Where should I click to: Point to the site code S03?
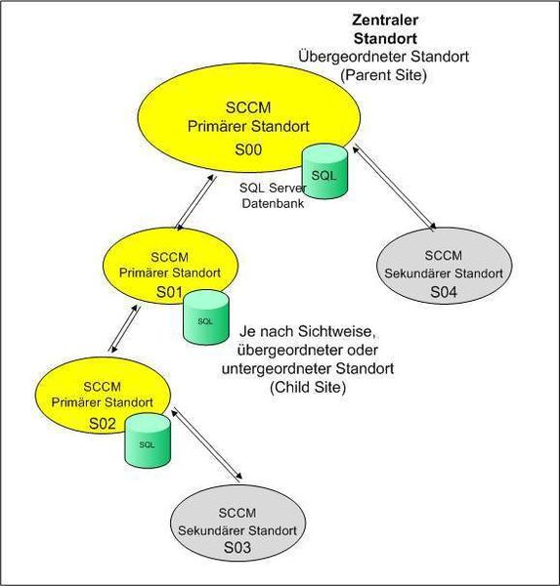tap(237, 548)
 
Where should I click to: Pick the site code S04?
tap(443, 290)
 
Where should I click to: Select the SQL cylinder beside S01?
tap(205, 318)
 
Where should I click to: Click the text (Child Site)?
tap(309, 387)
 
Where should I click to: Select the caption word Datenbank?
tap(269, 203)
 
